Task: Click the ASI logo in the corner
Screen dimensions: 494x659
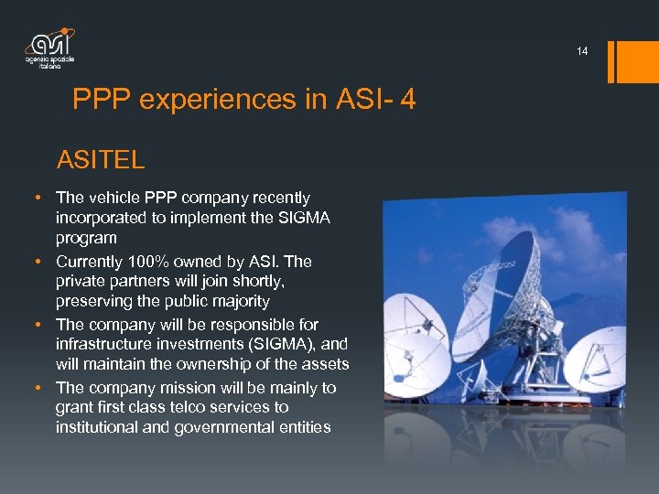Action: (x=49, y=48)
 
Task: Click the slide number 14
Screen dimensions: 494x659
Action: (x=582, y=51)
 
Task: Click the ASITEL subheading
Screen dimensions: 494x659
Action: (x=101, y=161)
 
